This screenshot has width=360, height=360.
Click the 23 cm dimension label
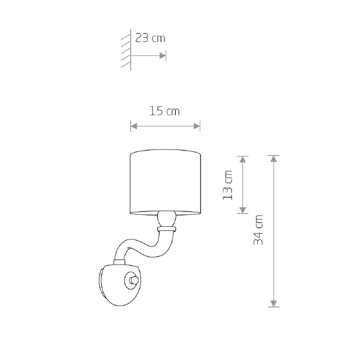tap(150, 38)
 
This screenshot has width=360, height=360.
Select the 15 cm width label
tap(164, 111)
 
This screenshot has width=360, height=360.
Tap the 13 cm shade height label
tap(228, 185)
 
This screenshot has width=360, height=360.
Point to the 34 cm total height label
tap(258, 230)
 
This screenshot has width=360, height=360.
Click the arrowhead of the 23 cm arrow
tap(163, 56)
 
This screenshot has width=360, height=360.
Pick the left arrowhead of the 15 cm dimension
tap(134, 126)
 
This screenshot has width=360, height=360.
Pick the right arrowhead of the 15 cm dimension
tap(197, 126)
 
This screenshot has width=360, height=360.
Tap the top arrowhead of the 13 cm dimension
tap(242, 160)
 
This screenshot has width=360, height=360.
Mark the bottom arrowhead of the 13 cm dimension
tap(242, 210)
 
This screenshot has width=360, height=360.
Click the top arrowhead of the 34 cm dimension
tap(274, 159)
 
